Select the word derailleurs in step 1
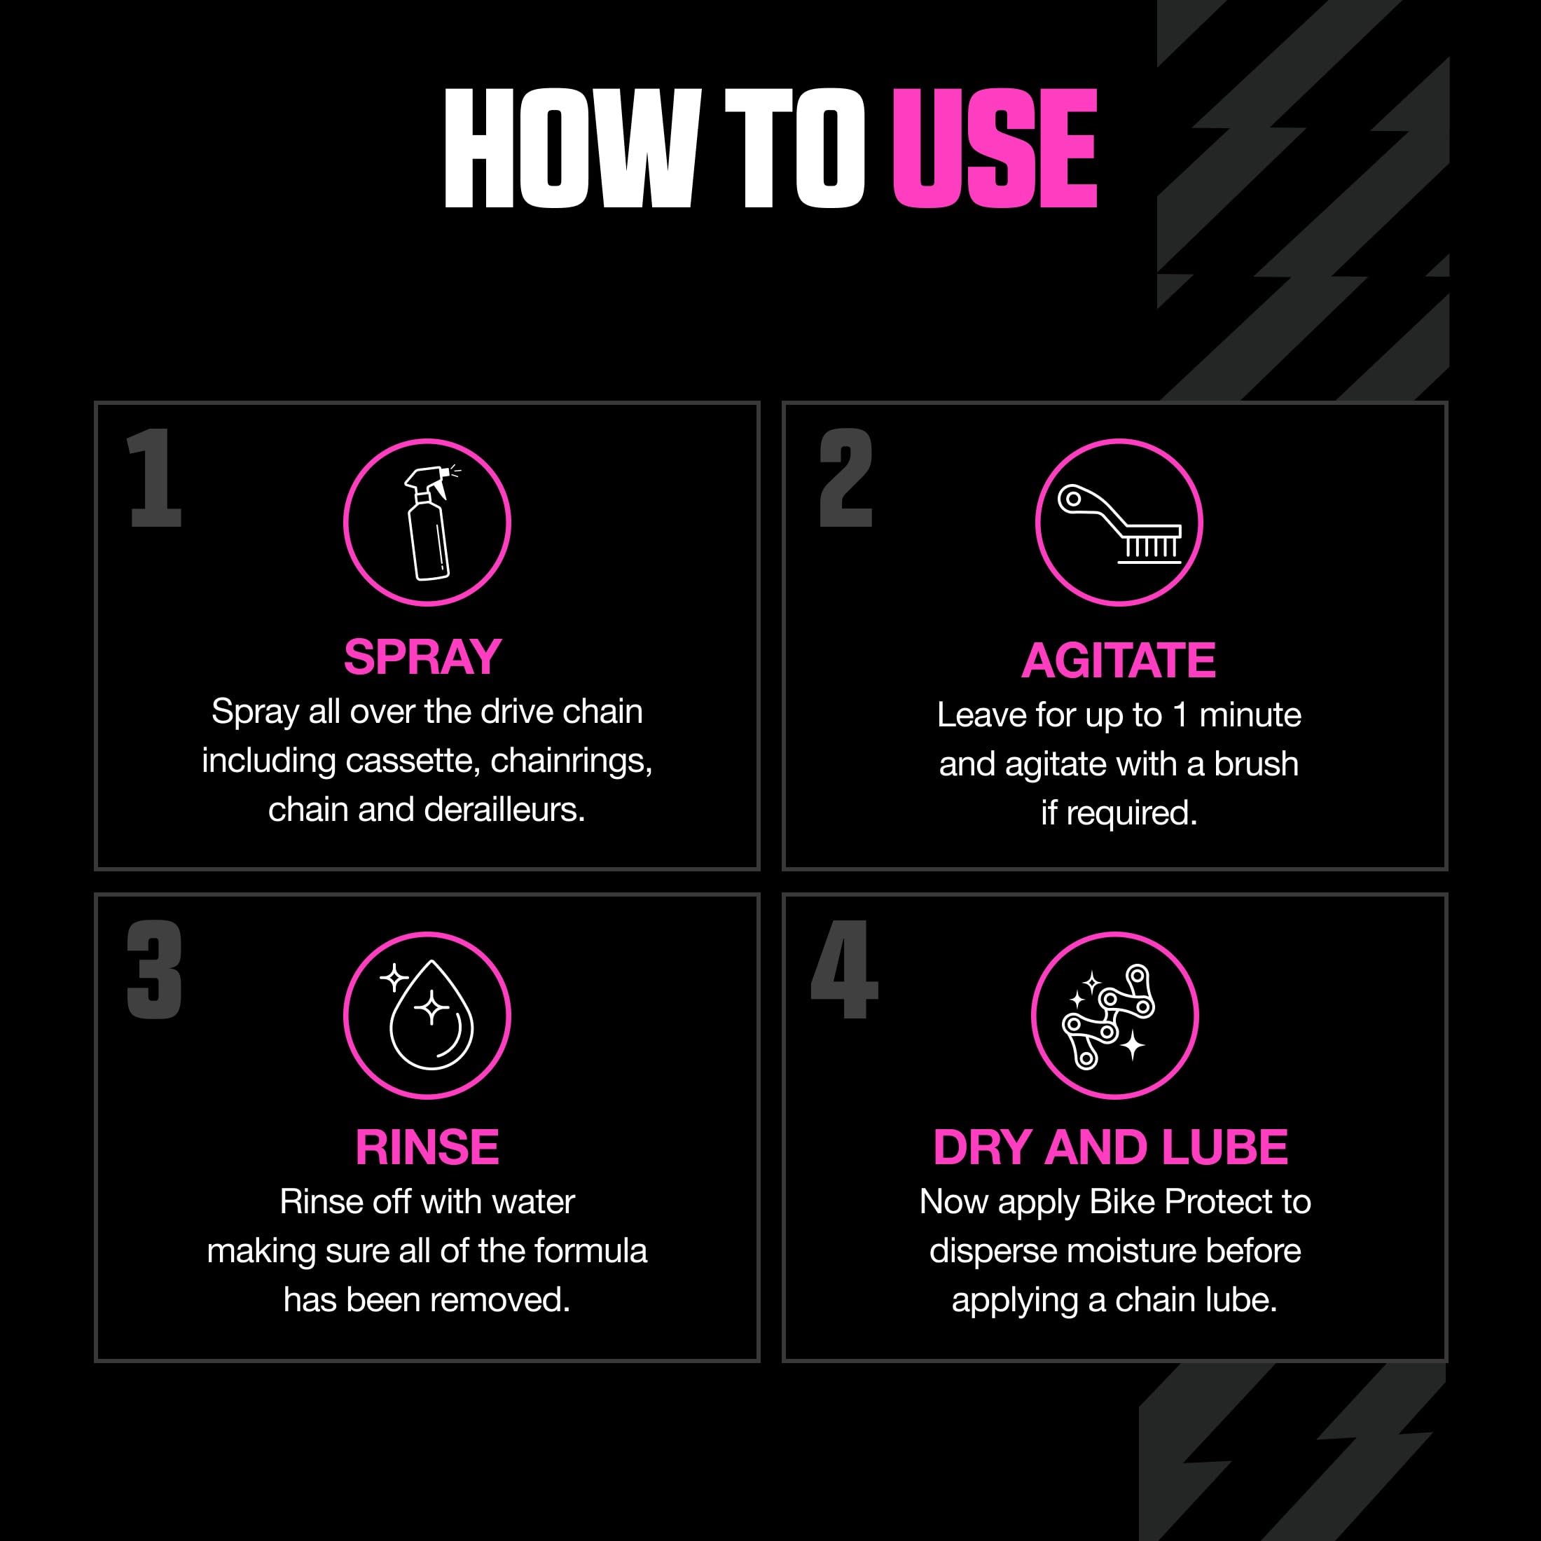pos(505,810)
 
